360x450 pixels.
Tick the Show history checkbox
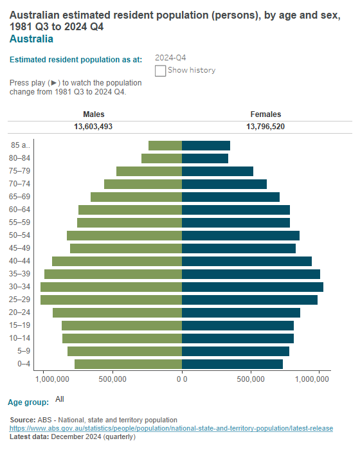coord(161,70)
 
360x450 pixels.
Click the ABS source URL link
coord(171,428)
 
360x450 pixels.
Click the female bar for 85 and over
coord(206,145)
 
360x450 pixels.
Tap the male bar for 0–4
coord(128,364)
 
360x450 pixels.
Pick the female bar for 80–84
coord(205,158)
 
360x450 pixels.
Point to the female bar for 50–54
coord(240,235)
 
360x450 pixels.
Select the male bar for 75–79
coord(149,171)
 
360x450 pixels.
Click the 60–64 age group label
coord(20,210)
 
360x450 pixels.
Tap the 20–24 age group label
coord(20,312)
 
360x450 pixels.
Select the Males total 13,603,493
coord(93,127)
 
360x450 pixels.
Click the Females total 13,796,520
coord(265,127)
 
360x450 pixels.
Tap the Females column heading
coord(265,114)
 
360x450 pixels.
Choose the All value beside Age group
coord(60,399)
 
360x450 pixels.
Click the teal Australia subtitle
coord(32,39)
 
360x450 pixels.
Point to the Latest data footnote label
coord(30,437)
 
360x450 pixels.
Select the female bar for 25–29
coord(249,300)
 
